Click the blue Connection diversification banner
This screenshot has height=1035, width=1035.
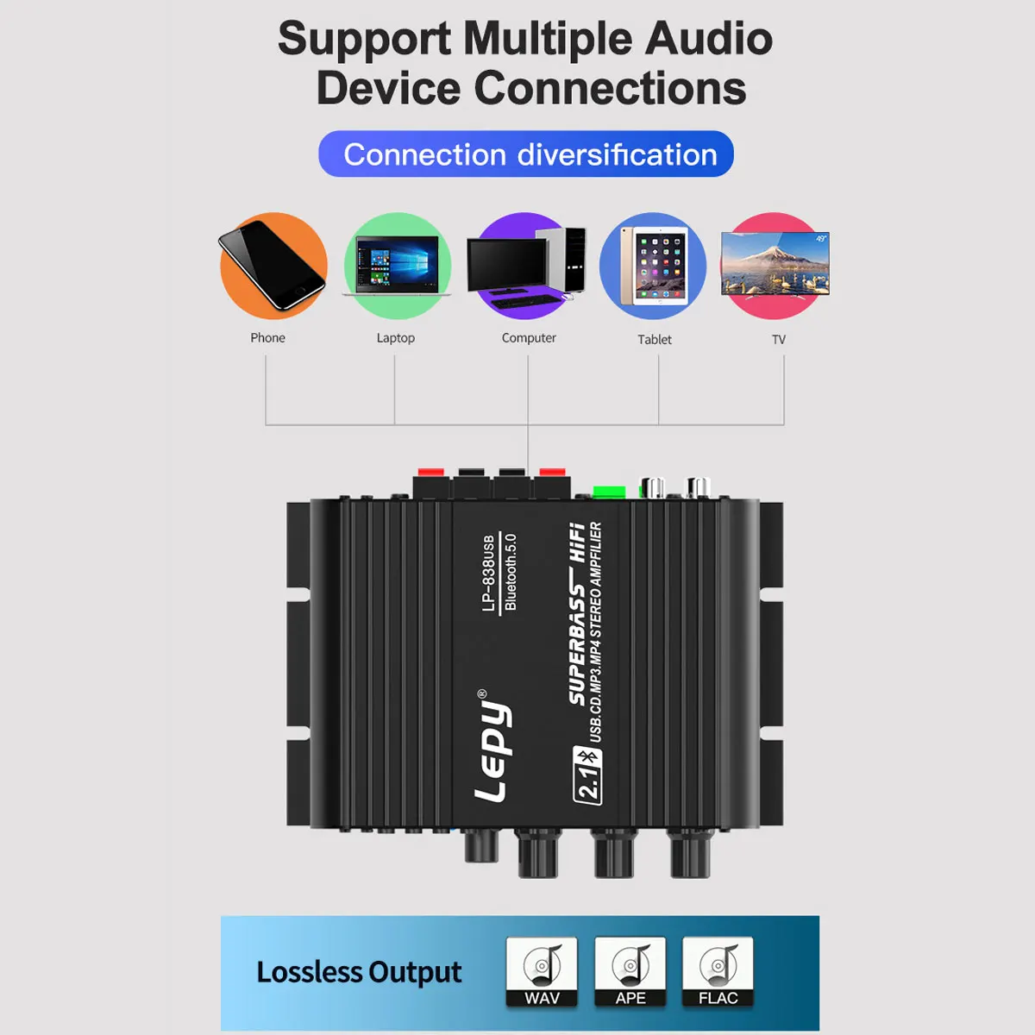pyautogui.click(x=526, y=154)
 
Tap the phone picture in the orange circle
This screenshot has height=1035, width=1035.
pyautogui.click(x=273, y=265)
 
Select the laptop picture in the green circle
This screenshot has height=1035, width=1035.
pyautogui.click(x=397, y=266)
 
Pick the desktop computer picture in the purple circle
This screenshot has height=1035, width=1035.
pyautogui.click(x=526, y=263)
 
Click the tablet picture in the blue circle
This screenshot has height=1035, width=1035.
pyautogui.click(x=655, y=266)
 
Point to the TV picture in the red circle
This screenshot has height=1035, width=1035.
pyautogui.click(x=775, y=264)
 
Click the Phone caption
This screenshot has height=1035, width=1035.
pyautogui.click(x=267, y=338)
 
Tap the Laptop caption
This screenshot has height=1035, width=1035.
pyautogui.click(x=396, y=338)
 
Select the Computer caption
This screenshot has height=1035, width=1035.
pyautogui.click(x=529, y=338)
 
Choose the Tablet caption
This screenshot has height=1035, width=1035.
pyautogui.click(x=655, y=340)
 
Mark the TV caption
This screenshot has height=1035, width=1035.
pyautogui.click(x=779, y=340)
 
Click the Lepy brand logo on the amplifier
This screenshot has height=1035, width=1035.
pyautogui.click(x=493, y=747)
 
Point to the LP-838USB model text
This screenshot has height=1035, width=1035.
pyautogui.click(x=489, y=574)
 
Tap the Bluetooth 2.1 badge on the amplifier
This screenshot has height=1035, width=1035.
pyautogui.click(x=588, y=775)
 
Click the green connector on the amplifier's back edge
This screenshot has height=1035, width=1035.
pyautogui.click(x=609, y=492)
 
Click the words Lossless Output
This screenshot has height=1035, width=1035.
pyautogui.click(x=359, y=972)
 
